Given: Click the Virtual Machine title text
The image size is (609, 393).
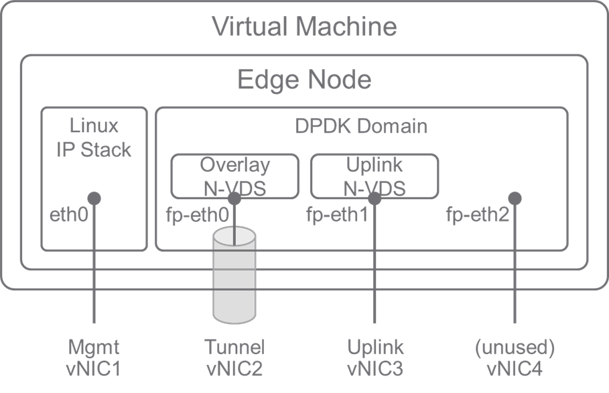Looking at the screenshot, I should coord(304,27).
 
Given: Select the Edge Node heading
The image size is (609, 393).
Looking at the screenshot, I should coord(304,80).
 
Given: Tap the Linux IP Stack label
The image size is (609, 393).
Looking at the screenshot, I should coord(94,137).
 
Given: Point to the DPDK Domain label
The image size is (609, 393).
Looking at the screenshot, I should coord(361,126).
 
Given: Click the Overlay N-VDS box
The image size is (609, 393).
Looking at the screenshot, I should coord(234,176).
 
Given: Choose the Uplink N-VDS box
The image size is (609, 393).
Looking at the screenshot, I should coord(375,176).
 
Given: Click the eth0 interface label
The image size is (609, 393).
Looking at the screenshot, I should coord(69,216).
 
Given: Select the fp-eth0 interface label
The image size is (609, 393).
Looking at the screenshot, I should coord(197,217).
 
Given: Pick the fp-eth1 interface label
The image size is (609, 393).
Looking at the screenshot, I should coord(338,216).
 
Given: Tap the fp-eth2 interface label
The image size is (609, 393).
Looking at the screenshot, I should coord(478,216).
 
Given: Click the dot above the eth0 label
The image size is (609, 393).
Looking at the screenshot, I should coord(94,198).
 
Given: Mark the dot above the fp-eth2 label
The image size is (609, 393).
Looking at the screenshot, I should coord(515,198).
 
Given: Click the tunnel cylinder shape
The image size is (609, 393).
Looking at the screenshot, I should coord(234,282).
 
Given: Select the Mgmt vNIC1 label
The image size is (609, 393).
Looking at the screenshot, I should coord(94,357).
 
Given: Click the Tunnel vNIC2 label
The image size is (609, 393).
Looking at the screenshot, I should coord(234,357).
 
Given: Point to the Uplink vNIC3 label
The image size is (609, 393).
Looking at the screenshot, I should coord(375,357).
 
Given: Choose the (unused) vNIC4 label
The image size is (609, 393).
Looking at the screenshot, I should coord(515,357).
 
